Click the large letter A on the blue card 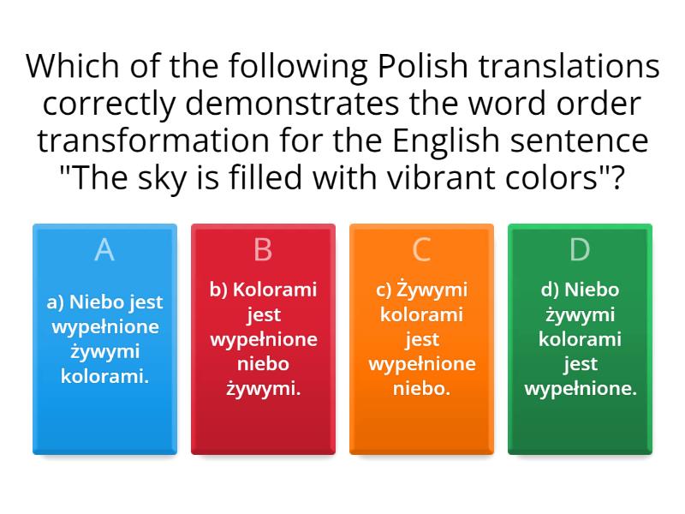coord(104,249)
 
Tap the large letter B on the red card coord(263,249)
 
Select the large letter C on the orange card coord(421,249)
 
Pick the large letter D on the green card coord(580,249)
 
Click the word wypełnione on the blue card coord(104,326)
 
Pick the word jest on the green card coord(580,364)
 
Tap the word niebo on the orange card coord(421,389)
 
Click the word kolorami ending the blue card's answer coord(104,376)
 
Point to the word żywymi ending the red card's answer coord(263,389)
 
